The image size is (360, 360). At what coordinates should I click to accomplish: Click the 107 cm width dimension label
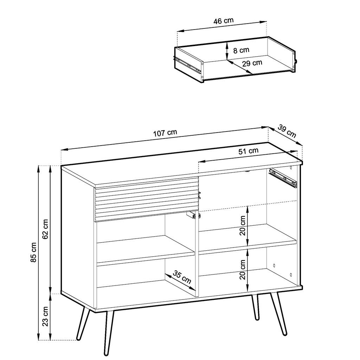(x=165, y=133)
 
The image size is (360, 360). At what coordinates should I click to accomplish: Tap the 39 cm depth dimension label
(x=287, y=131)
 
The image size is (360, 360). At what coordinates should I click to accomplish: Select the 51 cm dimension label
(x=248, y=151)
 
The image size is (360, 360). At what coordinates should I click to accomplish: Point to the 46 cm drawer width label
(x=223, y=21)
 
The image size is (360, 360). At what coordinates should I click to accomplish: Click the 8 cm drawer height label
(x=241, y=50)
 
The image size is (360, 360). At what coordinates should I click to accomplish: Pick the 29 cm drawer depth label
(x=252, y=63)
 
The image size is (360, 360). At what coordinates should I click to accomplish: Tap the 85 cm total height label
(x=34, y=252)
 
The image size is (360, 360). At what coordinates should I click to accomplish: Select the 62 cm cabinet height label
(x=46, y=229)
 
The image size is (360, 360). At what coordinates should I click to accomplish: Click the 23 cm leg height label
(x=46, y=317)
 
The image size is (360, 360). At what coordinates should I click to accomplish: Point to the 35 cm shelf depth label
(x=182, y=277)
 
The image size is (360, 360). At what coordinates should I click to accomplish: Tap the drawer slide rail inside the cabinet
(x=283, y=177)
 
